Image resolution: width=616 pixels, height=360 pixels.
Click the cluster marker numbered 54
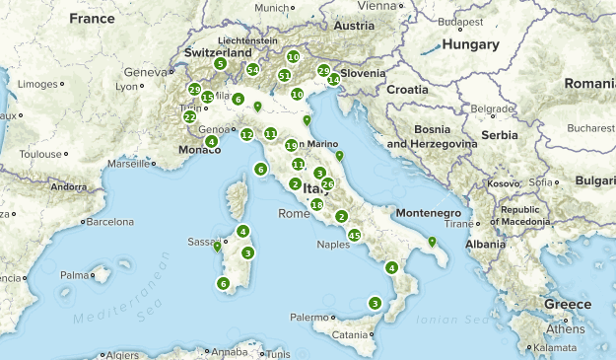coord(253,69)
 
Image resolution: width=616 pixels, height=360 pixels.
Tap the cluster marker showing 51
coord(285,75)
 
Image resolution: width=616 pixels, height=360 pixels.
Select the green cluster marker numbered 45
coord(355,235)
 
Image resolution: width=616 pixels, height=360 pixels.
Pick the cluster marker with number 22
coord(189,116)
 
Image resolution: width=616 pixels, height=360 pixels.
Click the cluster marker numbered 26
coord(328,183)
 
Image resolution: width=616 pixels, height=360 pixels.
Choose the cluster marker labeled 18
coord(316,204)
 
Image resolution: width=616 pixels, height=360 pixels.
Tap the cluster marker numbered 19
coord(291,146)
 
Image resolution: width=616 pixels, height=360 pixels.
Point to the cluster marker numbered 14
coord(334,79)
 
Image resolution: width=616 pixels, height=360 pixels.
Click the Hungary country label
coord(471,44)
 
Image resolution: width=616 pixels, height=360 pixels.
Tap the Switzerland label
coord(219,52)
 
